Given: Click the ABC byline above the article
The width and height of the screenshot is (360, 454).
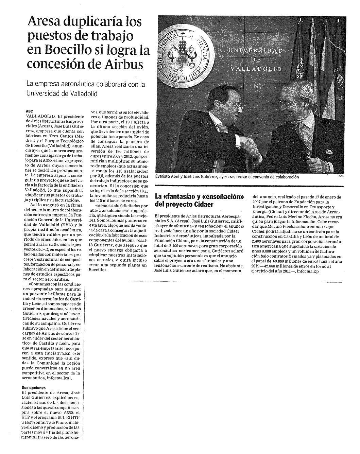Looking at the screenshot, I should pos(29,111).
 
